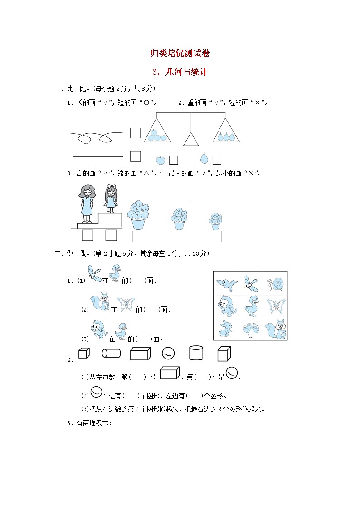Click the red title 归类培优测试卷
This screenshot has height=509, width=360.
point(180,53)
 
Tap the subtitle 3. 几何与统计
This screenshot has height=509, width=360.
point(180,72)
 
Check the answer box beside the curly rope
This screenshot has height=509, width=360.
point(135,133)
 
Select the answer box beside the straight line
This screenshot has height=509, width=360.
point(135,156)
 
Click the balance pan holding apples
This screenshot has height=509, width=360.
point(157,131)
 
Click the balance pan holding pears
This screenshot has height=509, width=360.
point(225,132)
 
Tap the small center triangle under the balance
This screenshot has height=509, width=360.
point(191,140)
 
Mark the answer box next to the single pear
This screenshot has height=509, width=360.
point(217,160)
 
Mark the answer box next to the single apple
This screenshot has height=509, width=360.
point(173,160)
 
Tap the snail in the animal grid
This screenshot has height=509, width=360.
point(276,284)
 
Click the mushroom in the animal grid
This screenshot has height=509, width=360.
point(251,329)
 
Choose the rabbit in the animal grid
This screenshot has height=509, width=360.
point(225,329)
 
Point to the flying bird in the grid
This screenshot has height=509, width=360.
point(226,284)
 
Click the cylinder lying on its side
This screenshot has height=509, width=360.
point(111,353)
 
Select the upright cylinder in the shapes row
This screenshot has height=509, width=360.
point(196,353)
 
